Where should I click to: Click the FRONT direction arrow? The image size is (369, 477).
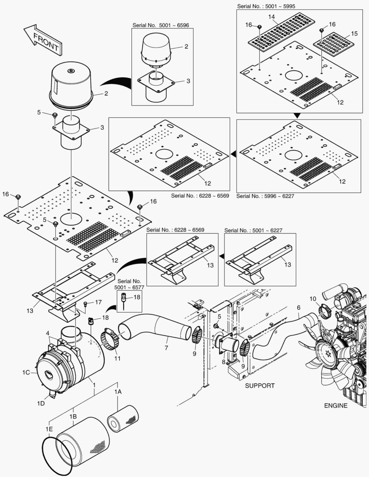pyautogui.click(x=43, y=40)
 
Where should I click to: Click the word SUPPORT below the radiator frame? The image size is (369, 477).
pyautogui.click(x=260, y=386)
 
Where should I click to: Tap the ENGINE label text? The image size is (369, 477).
pyautogui.click(x=336, y=405)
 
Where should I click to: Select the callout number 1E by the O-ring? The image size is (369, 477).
pyautogui.click(x=48, y=428)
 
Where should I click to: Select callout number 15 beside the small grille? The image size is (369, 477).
pyautogui.click(x=354, y=34)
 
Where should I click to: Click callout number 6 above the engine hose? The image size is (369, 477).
pyautogui.click(x=298, y=307)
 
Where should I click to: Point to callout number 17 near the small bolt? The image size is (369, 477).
pyautogui.click(x=98, y=302)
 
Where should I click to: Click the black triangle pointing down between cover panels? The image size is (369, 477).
pyautogui.click(x=297, y=115)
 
